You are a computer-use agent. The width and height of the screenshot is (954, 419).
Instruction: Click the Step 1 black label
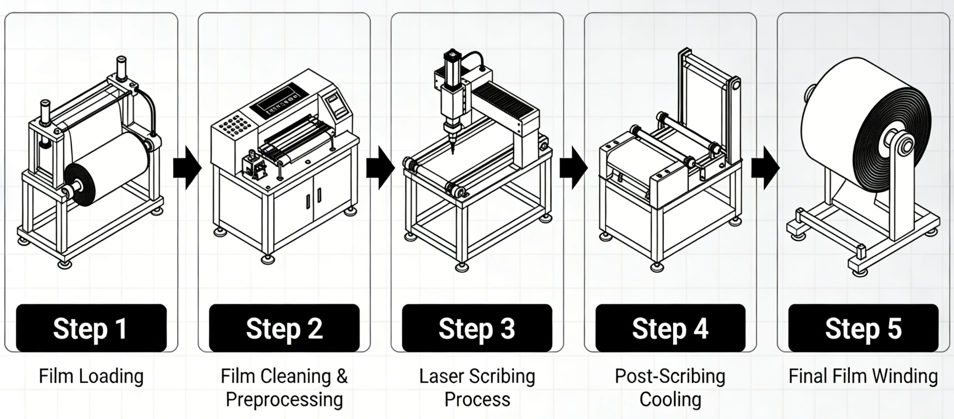91,328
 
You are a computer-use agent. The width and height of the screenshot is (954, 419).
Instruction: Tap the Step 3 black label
477,328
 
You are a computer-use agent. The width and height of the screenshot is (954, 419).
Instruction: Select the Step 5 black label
863,328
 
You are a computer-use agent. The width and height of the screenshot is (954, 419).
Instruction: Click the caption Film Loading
91,376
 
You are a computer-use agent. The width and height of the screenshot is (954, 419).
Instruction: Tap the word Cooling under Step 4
670,399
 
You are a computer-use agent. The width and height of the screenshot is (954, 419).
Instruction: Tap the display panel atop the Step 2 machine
279,103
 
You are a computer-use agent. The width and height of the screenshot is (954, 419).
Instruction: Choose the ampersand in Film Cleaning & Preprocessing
342,376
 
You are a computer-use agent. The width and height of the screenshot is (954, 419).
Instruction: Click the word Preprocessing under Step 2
284,399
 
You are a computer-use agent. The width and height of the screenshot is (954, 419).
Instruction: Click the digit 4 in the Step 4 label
700,329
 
